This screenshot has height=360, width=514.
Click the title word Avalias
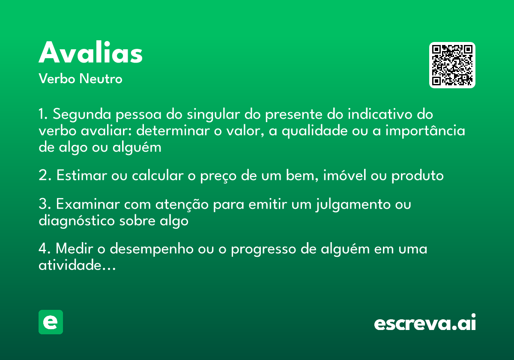click(x=90, y=53)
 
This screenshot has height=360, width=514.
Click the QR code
click(x=452, y=65)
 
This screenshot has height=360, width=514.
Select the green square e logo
click(x=51, y=322)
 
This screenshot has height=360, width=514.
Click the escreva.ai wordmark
click(x=425, y=323)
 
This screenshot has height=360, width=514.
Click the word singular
click(x=214, y=115)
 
